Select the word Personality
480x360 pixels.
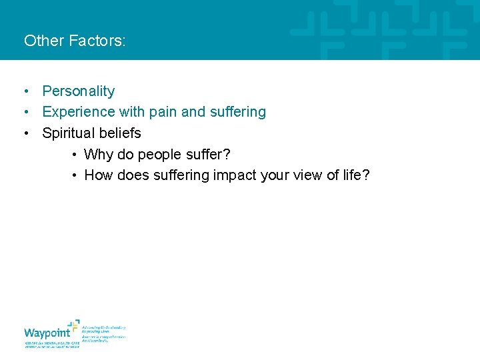[78, 91]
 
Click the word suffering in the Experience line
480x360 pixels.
[237, 112]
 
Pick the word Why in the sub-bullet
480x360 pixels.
[99, 155]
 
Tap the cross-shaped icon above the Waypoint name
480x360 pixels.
[73, 325]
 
